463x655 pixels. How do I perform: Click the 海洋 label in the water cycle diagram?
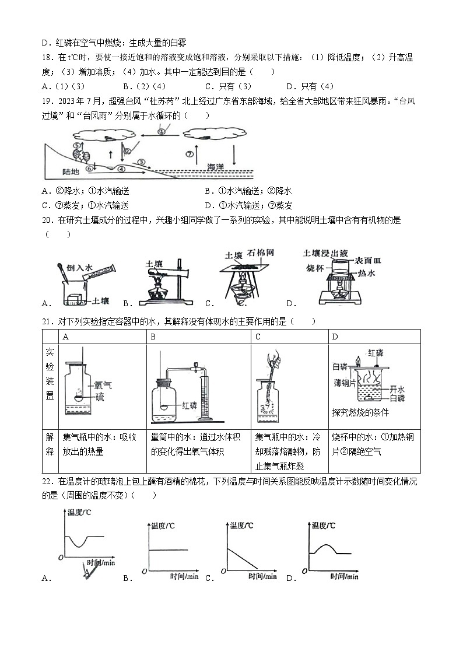(x=219, y=167)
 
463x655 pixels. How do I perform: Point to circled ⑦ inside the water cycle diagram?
(x=189, y=155)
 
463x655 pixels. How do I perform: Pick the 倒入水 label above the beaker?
(x=79, y=266)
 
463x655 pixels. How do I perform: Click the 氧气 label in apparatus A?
(x=103, y=386)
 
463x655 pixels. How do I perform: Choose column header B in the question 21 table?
(x=153, y=337)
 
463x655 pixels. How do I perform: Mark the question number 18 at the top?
(x=48, y=57)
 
